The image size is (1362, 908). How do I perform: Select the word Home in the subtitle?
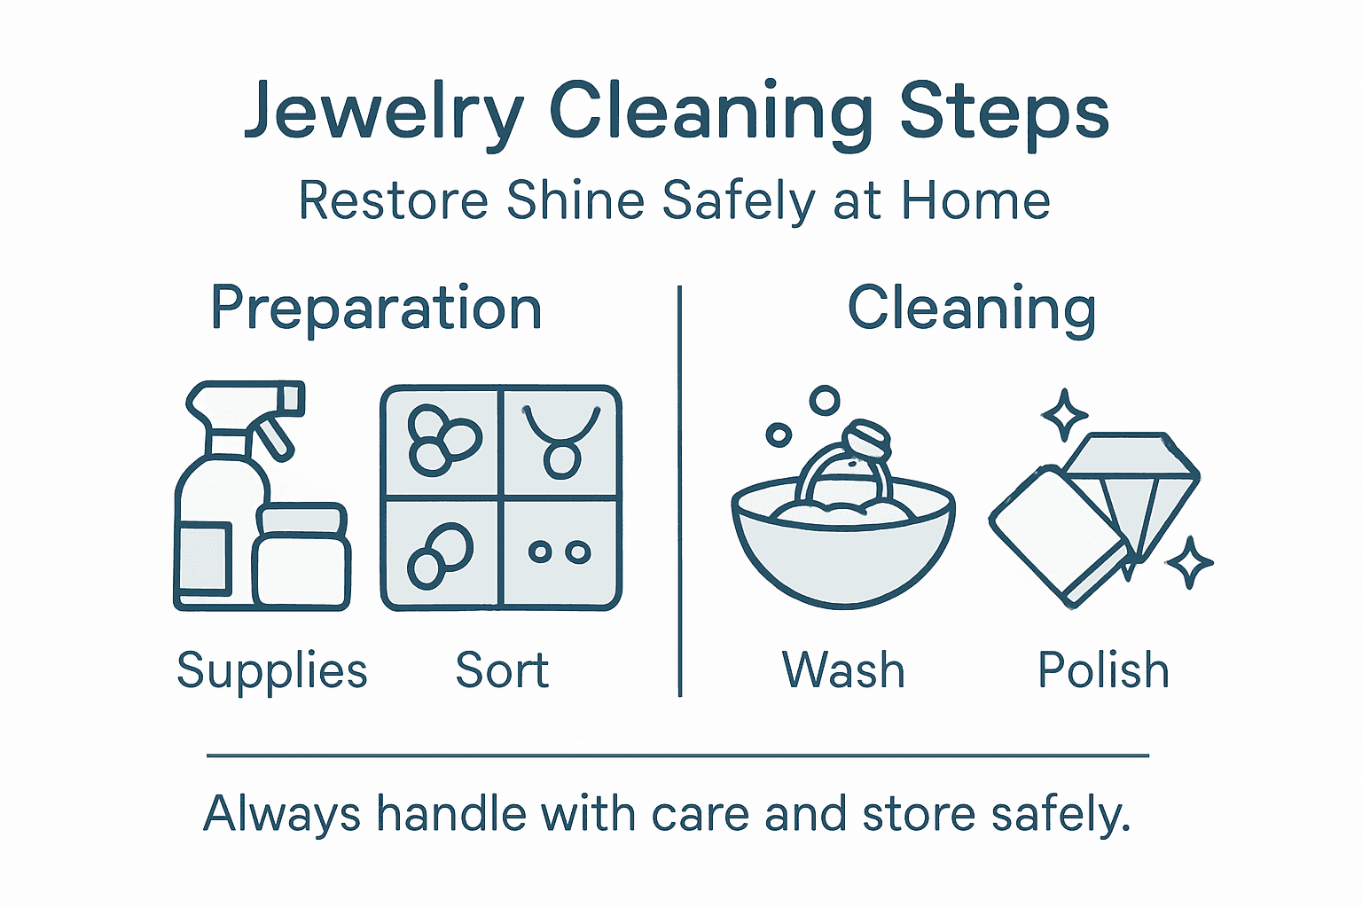(975, 200)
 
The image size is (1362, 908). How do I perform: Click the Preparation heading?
(376, 309)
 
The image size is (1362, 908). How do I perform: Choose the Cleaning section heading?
(972, 309)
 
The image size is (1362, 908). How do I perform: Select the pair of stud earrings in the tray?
(560, 552)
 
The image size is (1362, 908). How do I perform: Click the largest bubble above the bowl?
(825, 401)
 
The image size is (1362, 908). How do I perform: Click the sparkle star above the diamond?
(1064, 414)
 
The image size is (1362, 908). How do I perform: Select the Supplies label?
(271, 671)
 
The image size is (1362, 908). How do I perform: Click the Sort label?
(502, 671)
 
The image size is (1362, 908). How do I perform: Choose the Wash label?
(843, 671)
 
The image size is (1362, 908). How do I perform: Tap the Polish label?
(1103, 671)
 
